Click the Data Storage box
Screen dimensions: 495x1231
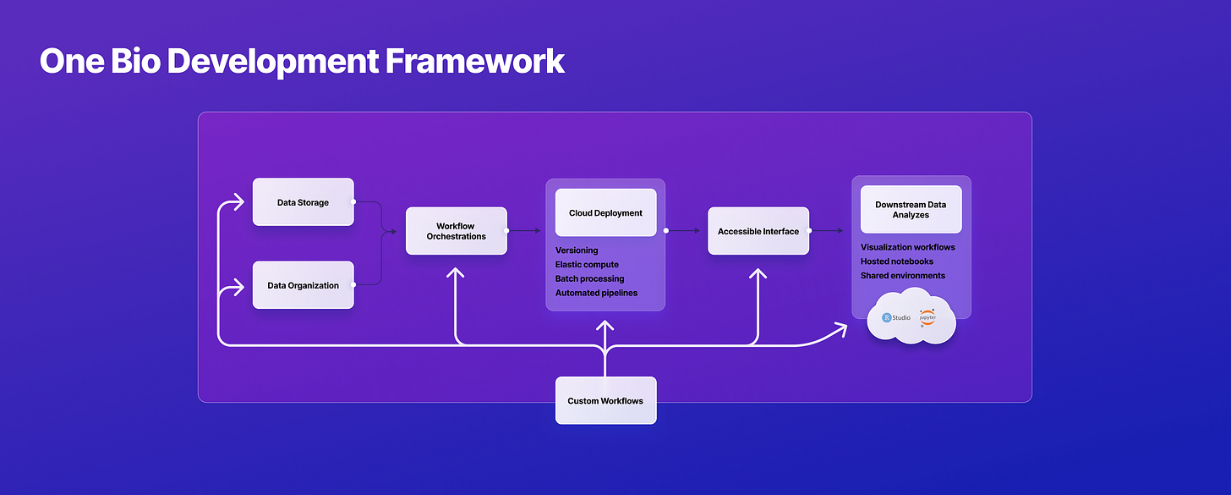coord(303,202)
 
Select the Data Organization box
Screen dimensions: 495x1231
coord(303,285)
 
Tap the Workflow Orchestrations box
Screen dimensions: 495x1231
coord(456,231)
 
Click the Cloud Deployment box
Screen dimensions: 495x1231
coord(605,213)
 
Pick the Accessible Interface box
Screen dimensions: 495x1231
coord(758,231)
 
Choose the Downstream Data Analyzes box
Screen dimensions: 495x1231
coord(911,210)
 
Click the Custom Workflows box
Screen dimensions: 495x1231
coord(605,401)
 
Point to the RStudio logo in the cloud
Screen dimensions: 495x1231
coord(896,317)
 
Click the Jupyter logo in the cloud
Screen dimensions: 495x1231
coord(927,317)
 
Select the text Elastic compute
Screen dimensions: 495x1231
coord(587,265)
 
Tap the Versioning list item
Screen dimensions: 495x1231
coord(577,250)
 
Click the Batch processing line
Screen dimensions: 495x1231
coord(589,278)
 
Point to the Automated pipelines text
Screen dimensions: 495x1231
coord(596,293)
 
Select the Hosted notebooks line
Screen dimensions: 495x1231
coord(897,261)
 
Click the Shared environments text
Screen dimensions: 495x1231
coord(903,276)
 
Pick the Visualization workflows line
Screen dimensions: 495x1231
coord(908,247)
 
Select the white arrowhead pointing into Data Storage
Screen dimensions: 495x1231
coord(239,202)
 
